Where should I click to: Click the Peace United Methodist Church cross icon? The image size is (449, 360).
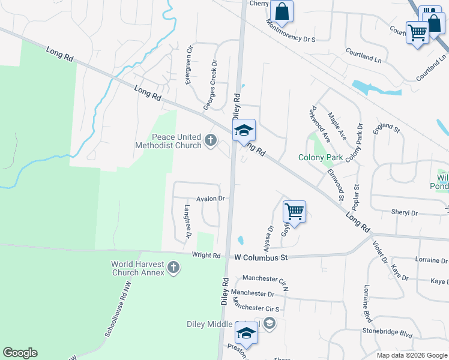pyautogui.click(x=210, y=140)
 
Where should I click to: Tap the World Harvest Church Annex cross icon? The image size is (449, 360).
pyautogui.click(x=173, y=267)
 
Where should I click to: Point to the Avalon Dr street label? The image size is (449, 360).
pyautogui.click(x=210, y=199)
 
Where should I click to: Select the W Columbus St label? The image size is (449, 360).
pyautogui.click(x=261, y=257)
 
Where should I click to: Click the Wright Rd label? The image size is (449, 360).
pyautogui.click(x=206, y=255)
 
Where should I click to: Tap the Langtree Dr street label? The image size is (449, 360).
pyautogui.click(x=187, y=221)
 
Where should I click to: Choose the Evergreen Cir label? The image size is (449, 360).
pyautogui.click(x=189, y=64)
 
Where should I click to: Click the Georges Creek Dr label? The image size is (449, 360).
pyautogui.click(x=210, y=85)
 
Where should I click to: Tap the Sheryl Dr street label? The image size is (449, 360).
pyautogui.click(x=404, y=212)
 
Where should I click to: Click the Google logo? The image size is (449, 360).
pyautogui.click(x=20, y=353)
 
